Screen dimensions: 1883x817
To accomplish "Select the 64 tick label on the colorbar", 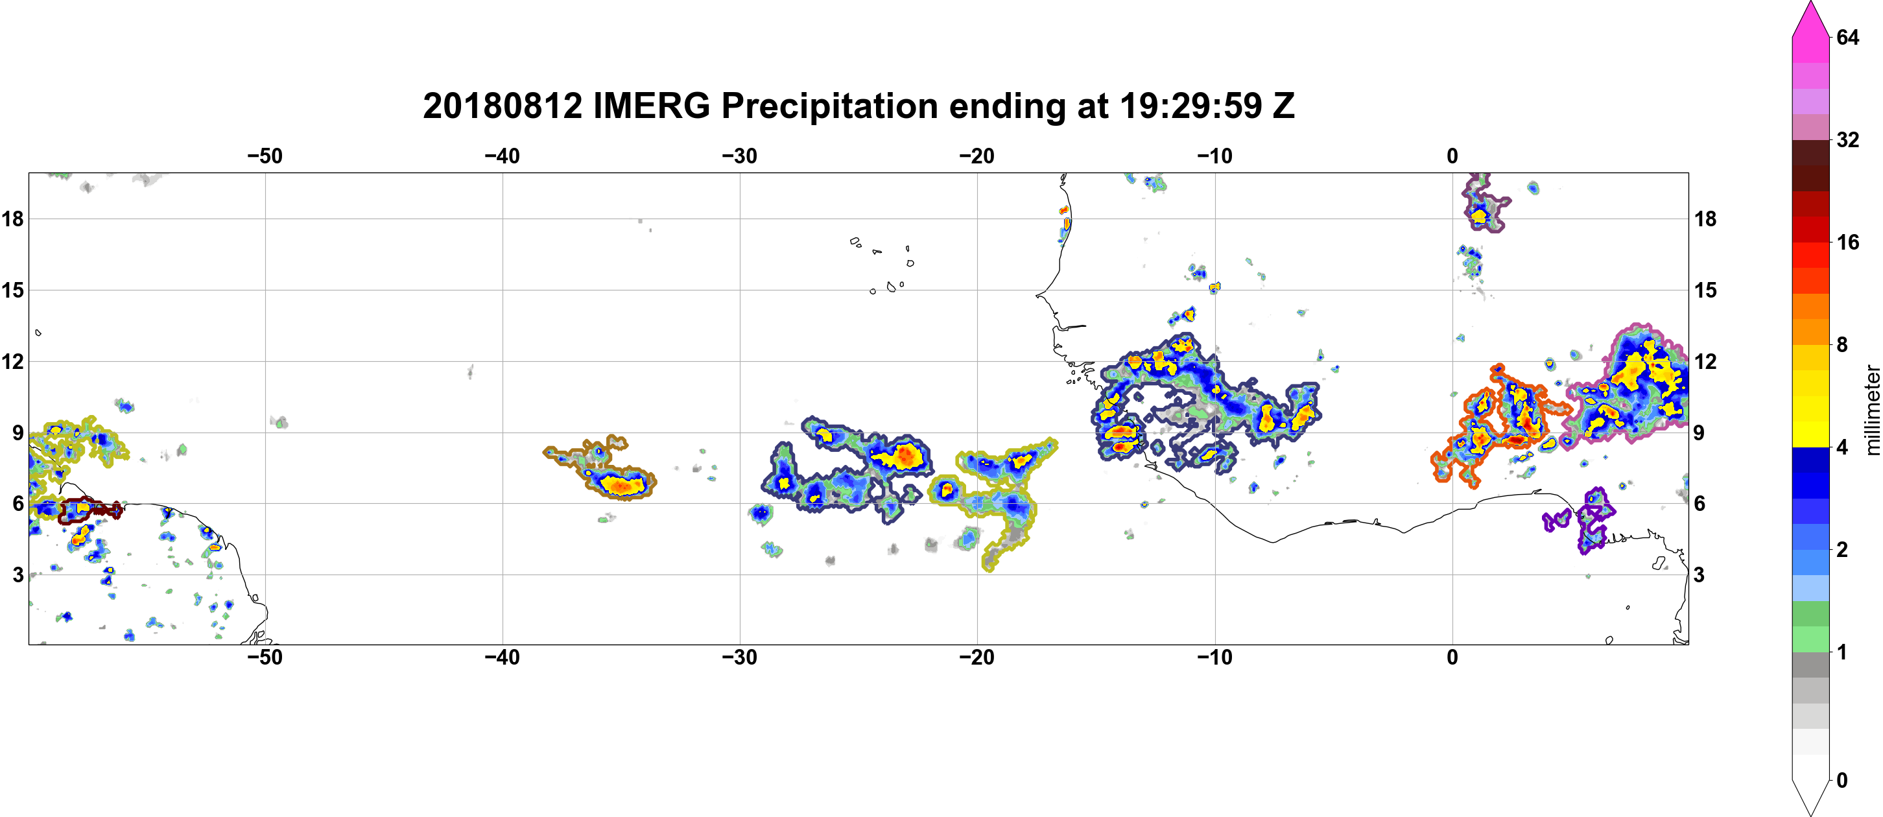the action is [x=1848, y=37].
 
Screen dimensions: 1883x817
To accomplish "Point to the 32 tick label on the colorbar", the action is [x=1848, y=139].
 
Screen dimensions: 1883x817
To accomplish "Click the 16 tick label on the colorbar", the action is [x=1848, y=242].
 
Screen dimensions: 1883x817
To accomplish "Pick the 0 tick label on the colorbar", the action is [x=1842, y=781].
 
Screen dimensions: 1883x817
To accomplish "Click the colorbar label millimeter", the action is [x=1872, y=410].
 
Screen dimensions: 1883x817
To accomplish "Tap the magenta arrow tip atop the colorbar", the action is [x=1810, y=5].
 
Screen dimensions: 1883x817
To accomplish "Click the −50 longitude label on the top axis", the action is [x=265, y=156].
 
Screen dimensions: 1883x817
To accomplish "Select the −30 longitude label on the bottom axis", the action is [x=740, y=657].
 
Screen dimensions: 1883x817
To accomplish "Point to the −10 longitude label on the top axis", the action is [x=1215, y=156].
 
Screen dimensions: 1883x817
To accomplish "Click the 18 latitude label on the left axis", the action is [x=12, y=219].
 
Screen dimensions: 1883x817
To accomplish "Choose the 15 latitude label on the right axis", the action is [x=1706, y=290].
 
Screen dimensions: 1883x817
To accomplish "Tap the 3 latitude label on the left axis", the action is [x=18, y=574].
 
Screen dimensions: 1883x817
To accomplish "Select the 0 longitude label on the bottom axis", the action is [x=1452, y=657].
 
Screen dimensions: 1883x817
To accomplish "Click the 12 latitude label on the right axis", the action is [x=1706, y=361].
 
